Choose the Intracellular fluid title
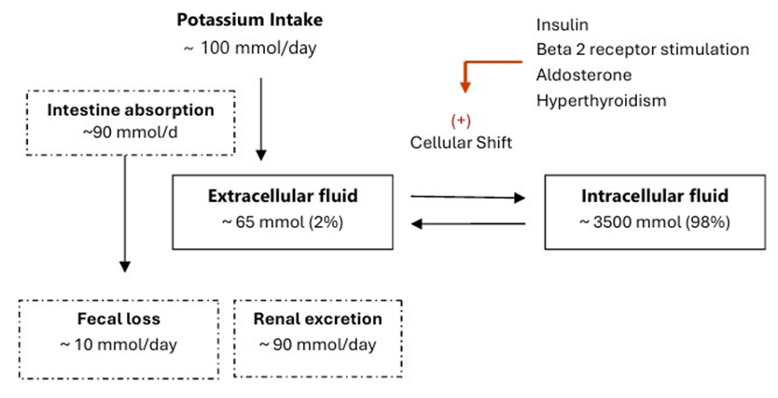pos(655,196)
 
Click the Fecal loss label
pos(118,319)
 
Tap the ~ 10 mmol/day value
pos(118,345)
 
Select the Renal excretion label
pos(317,319)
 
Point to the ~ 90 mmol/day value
pos(317,345)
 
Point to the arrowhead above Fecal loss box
pos(125,267)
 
